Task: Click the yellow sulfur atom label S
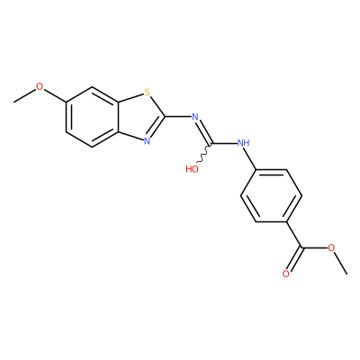pos(147,92)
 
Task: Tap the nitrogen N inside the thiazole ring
pos(147,141)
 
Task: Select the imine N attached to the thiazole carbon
pos(195,116)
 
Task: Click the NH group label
pos(243,143)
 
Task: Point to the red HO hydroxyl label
pos(193,169)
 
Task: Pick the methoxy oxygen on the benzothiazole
pos(40,86)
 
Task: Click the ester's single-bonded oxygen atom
pos(331,247)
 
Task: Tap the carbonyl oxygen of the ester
pos(286,274)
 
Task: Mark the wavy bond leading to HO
pos(203,153)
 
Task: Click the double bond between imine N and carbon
pos(204,132)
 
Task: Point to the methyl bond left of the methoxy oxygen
pos(24,95)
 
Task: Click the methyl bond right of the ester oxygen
pos(341,263)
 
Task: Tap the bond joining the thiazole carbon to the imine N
pos(178,116)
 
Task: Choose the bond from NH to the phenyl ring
pos(251,159)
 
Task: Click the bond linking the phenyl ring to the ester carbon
pos(294,235)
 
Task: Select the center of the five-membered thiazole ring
pos(139,117)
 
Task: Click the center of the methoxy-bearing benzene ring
pos(93,117)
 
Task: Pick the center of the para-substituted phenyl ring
pos(271,196)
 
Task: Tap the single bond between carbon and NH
pos(225,144)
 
